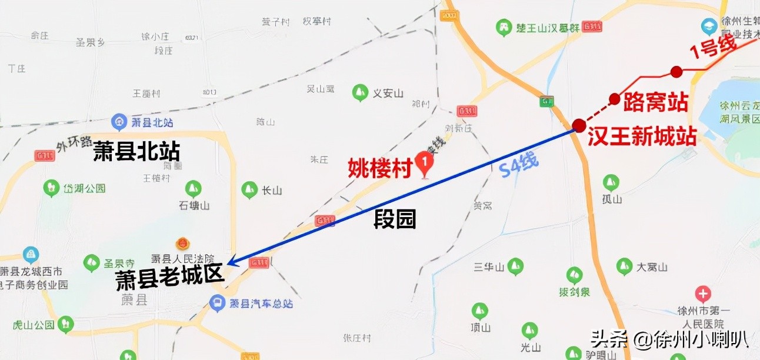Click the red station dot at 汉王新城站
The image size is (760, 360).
579,125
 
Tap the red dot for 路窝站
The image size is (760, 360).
615,99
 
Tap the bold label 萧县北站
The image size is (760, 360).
136,152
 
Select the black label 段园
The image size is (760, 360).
395,219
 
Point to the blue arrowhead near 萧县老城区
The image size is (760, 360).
232,262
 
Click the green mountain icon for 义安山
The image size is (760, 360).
359,92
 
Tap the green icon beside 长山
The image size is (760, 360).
249,190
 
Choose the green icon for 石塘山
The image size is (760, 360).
193,189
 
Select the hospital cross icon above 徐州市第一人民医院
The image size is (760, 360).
702,294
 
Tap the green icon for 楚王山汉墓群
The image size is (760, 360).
503,26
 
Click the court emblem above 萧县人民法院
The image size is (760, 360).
182,244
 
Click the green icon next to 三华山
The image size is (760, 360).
515,266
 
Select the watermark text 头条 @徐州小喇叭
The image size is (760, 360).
669,339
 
